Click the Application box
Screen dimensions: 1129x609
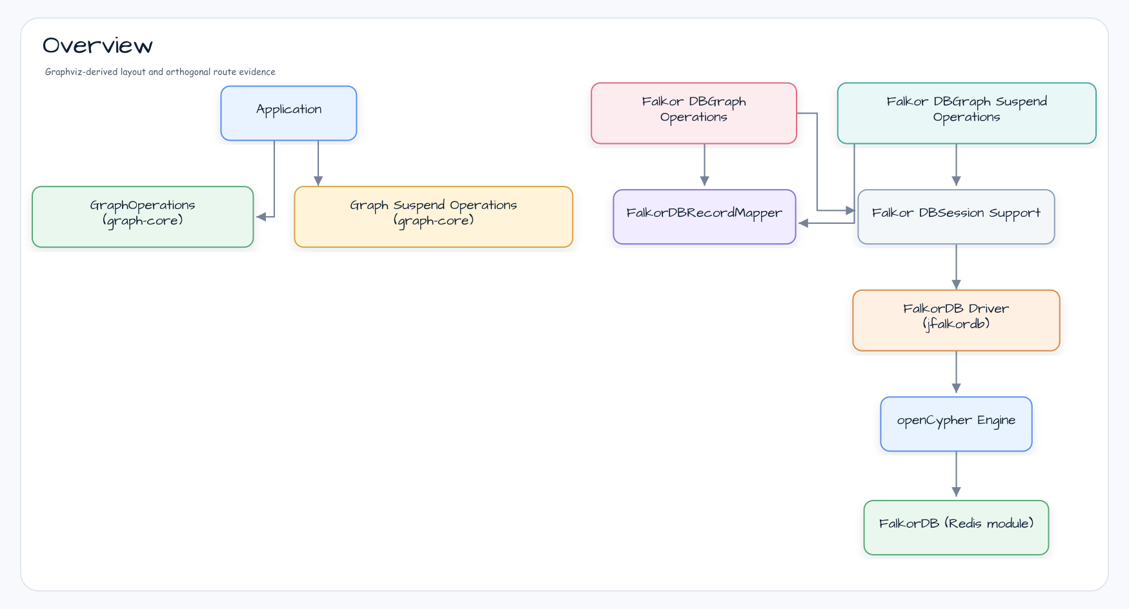pos(289,113)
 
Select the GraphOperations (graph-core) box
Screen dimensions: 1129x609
pos(143,217)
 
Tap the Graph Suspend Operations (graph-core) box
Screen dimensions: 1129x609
pos(433,217)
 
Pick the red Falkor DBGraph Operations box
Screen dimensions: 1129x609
pos(694,113)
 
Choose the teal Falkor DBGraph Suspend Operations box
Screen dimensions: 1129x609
pos(966,113)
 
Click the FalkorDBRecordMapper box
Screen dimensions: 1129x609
pos(704,217)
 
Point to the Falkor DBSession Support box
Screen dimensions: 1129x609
pos(956,217)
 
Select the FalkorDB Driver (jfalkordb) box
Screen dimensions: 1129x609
pos(956,321)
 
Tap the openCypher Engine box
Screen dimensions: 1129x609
pos(956,424)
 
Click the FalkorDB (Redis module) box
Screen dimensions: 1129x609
pos(956,528)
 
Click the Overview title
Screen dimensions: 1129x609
pos(97,46)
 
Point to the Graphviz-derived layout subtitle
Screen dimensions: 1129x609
pos(160,72)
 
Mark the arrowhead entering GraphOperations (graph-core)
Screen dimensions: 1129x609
pos(261,217)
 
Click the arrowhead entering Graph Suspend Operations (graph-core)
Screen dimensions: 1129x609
pos(318,181)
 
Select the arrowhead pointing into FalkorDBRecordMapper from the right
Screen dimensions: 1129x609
pos(804,223)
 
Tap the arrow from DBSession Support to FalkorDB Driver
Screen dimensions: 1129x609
pos(956,267)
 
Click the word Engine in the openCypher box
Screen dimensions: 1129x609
pos(996,421)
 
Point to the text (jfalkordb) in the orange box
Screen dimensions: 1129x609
pos(956,324)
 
